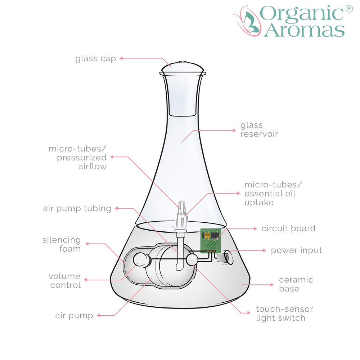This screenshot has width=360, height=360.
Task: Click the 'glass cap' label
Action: [95, 58]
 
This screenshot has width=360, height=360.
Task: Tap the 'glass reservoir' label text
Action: [259, 129]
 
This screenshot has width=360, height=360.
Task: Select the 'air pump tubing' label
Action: [77, 208]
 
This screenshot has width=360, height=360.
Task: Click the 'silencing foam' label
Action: [62, 244]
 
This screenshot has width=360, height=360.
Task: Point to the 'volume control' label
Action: [65, 281]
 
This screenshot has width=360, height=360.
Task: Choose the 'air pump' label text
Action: [74, 316]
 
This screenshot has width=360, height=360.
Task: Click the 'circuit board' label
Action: [288, 228]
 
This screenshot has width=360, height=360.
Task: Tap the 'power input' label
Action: [296, 250]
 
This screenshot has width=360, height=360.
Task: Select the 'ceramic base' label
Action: [296, 284]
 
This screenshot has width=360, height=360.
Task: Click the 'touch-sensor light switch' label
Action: [284, 314]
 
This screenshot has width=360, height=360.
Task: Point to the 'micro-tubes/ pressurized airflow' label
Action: [78, 157]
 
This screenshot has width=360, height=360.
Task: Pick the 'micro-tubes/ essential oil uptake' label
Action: [273, 194]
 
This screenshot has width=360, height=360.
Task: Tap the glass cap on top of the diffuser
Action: [183, 67]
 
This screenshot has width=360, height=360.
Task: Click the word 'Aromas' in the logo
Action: [305, 30]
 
